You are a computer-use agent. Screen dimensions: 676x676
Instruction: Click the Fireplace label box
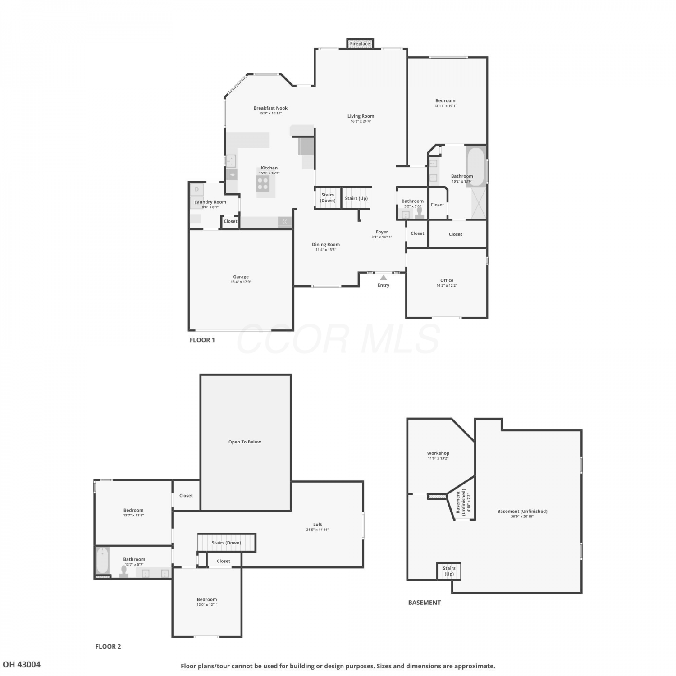click(x=360, y=43)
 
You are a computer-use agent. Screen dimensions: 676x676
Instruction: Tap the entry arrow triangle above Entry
click(x=384, y=278)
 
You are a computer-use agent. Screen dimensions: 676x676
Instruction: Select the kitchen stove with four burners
click(x=263, y=183)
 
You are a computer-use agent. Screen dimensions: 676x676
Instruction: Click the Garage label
click(x=241, y=277)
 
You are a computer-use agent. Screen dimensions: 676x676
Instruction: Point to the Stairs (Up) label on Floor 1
click(x=356, y=198)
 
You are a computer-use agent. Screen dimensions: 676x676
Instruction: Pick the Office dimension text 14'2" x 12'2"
click(x=447, y=285)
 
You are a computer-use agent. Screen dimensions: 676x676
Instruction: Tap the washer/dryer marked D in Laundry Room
click(x=197, y=189)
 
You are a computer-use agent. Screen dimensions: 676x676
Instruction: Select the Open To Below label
click(x=245, y=442)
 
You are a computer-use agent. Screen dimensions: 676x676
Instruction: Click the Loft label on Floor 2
click(x=318, y=524)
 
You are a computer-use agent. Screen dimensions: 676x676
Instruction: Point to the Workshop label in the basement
click(x=438, y=453)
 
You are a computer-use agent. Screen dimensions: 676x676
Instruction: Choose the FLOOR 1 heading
click(x=202, y=340)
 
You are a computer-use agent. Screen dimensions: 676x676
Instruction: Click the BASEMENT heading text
click(x=425, y=602)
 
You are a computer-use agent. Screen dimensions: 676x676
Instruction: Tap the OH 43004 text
click(x=22, y=664)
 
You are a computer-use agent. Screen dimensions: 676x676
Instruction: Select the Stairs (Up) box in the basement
click(x=449, y=571)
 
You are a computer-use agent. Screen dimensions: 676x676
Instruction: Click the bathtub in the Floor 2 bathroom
click(x=103, y=560)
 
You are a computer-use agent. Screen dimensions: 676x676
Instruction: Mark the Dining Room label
click(x=326, y=244)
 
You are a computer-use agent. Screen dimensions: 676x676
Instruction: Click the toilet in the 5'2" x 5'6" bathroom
click(x=420, y=212)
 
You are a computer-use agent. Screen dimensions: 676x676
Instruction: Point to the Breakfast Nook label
click(x=270, y=108)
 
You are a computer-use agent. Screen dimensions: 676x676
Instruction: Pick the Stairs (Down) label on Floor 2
click(x=226, y=543)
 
